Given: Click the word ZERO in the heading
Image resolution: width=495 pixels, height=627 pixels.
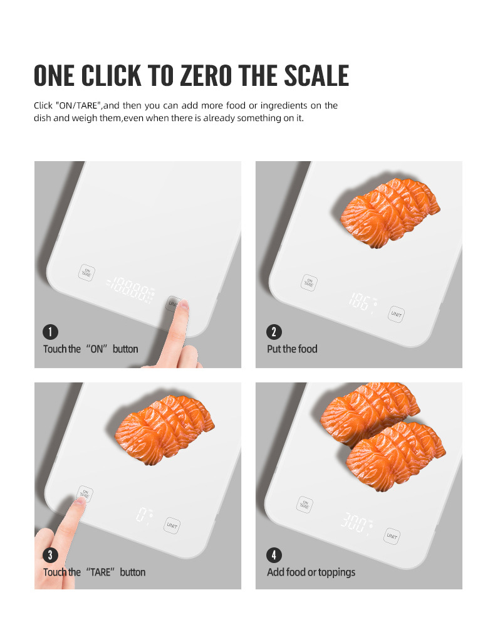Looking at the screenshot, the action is (x=206, y=76).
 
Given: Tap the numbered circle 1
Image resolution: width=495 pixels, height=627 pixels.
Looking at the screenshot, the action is (x=50, y=332).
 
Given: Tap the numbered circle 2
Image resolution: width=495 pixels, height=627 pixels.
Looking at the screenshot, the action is (x=274, y=332).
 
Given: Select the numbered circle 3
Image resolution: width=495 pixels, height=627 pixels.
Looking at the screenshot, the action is (x=50, y=555).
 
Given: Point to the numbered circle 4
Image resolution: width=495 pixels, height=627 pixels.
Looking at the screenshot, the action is (x=274, y=555).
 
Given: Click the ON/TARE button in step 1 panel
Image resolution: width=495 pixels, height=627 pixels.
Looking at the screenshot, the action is (x=86, y=273).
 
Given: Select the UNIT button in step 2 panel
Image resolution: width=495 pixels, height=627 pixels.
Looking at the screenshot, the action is (x=396, y=314).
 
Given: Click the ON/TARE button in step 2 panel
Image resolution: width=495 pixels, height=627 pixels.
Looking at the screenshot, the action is (x=309, y=283).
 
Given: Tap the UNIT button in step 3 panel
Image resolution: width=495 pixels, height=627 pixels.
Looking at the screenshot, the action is (x=172, y=525).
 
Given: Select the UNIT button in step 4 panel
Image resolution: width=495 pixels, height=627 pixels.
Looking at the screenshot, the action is (x=392, y=536).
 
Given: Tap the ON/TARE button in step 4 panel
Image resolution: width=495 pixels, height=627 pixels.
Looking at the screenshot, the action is (x=305, y=505).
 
